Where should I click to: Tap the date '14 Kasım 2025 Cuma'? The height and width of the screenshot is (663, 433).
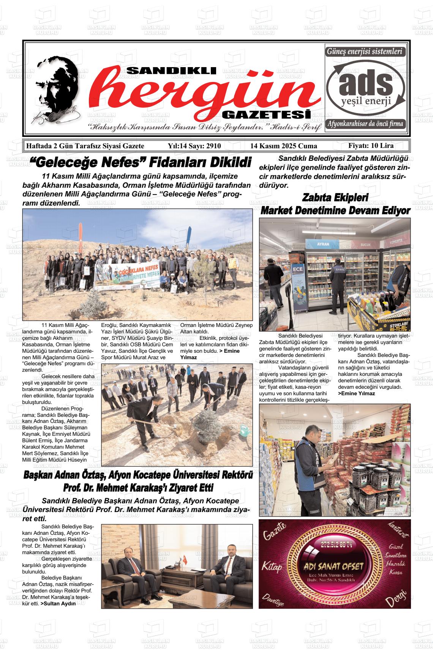tap(283, 146)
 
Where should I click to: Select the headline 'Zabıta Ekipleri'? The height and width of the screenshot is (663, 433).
tap(335, 198)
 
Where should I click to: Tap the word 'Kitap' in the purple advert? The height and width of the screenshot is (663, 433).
tap(272, 567)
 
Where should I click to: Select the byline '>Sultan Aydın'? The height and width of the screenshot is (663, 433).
tap(58, 603)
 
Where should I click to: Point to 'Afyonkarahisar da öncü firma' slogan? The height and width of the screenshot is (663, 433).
tap(366, 124)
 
